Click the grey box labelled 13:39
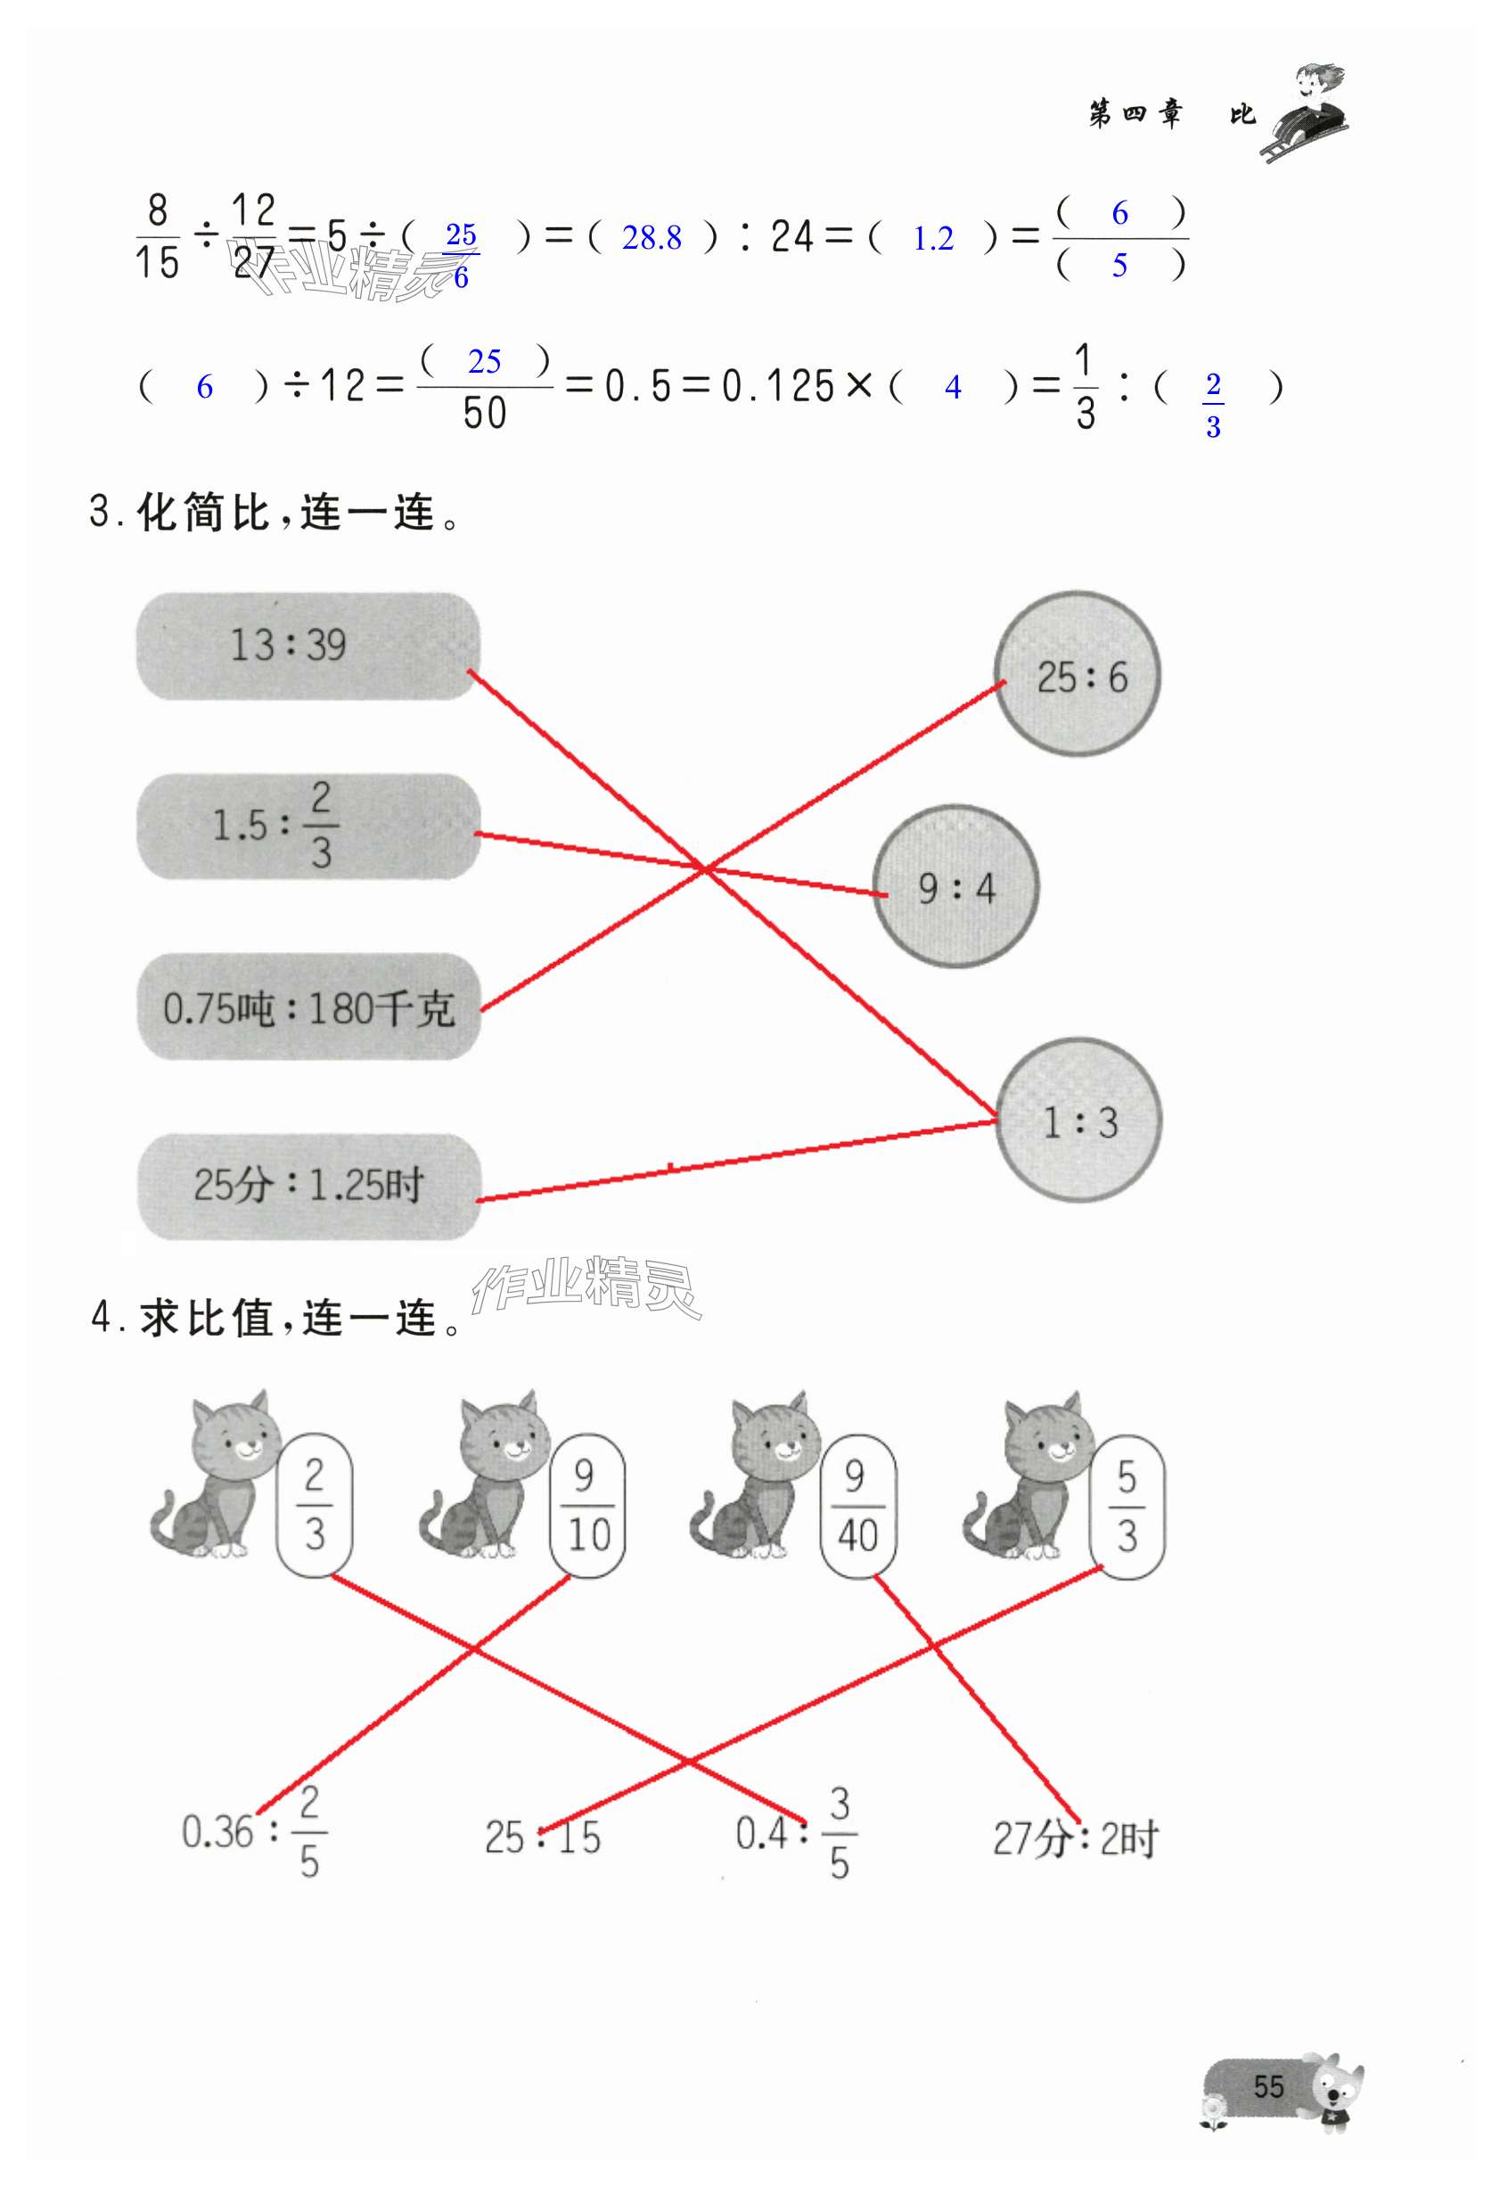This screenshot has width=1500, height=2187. tap(307, 645)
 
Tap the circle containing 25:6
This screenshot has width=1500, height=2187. tap(1077, 674)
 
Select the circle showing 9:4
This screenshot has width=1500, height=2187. tap(955, 886)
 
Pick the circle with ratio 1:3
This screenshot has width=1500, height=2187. tap(1078, 1119)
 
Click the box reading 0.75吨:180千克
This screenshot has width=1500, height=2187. tap(308, 1007)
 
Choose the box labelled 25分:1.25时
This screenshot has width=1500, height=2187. tap(308, 1186)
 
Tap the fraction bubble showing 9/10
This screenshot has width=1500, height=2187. tap(587, 1507)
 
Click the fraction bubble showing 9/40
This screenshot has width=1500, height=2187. tap(857, 1507)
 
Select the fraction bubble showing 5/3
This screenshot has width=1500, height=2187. tap(1127, 1507)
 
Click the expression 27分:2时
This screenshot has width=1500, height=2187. tap(1075, 1838)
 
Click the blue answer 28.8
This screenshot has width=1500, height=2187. tap(652, 238)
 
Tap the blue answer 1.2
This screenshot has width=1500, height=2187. tap(932, 239)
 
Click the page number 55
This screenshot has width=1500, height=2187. tap(1267, 2086)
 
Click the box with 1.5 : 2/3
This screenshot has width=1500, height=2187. tap(308, 826)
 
